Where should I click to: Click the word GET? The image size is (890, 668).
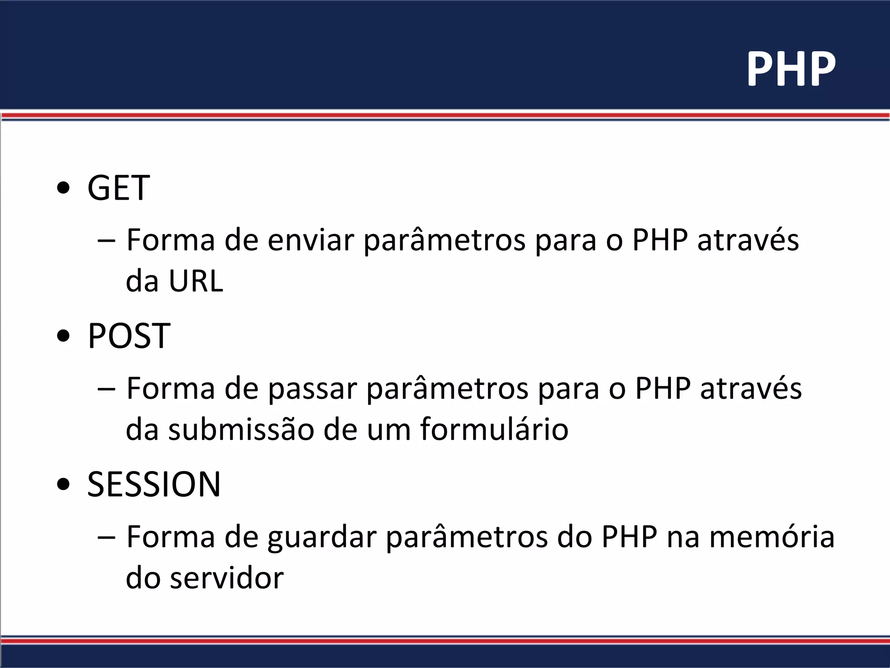(x=118, y=188)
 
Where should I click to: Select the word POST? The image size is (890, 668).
(x=129, y=336)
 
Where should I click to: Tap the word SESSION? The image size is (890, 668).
(x=154, y=484)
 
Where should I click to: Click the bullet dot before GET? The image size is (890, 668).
(x=63, y=189)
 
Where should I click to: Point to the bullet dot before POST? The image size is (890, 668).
(x=63, y=337)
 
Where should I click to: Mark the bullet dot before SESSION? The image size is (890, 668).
(x=63, y=485)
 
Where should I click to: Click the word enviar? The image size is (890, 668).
(x=311, y=240)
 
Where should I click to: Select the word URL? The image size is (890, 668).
(x=196, y=281)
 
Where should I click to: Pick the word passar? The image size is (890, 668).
(x=312, y=388)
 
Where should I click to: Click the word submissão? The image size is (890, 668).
(x=241, y=430)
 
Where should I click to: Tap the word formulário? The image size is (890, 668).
(x=494, y=430)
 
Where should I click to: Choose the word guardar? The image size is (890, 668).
(x=322, y=537)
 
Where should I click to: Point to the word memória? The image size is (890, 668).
(x=772, y=537)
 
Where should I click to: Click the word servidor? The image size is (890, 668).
(x=226, y=578)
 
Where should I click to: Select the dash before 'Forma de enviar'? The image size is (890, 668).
(x=107, y=241)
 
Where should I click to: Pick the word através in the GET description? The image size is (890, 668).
(x=748, y=240)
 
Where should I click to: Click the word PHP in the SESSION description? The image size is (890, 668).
(x=629, y=537)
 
